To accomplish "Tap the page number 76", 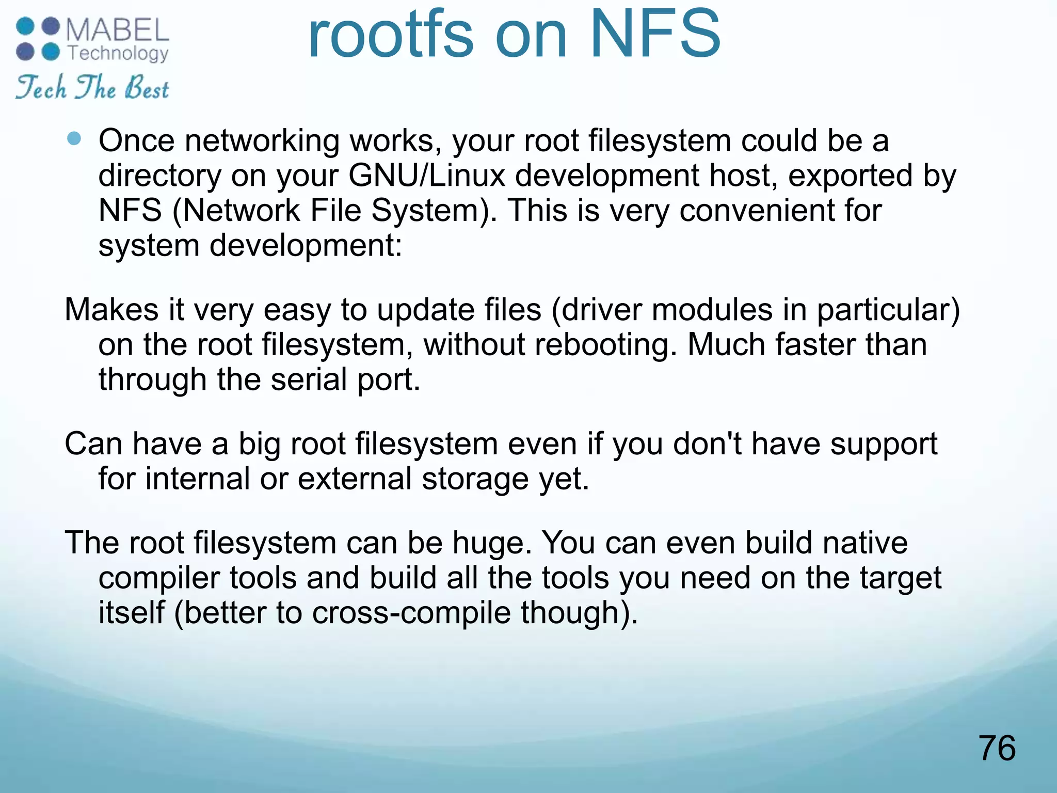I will tap(997, 748).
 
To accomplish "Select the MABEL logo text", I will tap(118, 30).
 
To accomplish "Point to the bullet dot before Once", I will tap(74, 138).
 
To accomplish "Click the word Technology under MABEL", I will tap(118, 53).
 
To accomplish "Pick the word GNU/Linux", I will tap(426, 176).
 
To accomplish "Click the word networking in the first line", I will tap(262, 141).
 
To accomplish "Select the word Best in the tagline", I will tap(147, 88).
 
